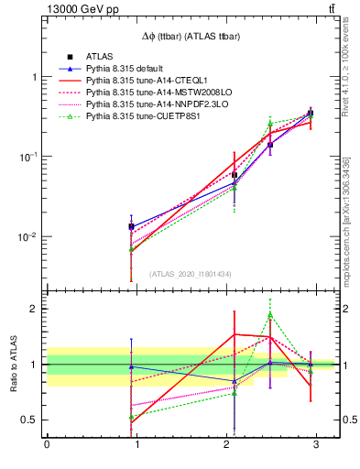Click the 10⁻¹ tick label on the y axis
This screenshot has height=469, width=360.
click(29, 157)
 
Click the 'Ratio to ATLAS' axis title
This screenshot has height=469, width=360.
click(13, 364)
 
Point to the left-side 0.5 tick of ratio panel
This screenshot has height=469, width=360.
click(30, 420)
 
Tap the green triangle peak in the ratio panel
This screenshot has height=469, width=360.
click(270, 314)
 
